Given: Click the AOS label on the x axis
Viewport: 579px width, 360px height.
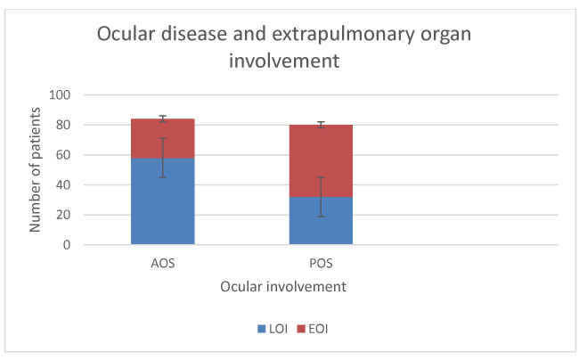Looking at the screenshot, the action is pos(163,263).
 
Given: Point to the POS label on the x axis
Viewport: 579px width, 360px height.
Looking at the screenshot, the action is pos(321,263).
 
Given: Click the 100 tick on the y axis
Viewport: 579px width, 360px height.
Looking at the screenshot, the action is pos(60,94).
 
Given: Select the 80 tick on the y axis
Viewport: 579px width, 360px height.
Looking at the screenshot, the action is pos(63,125).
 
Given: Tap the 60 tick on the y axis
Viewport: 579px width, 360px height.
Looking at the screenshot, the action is pos(63,155).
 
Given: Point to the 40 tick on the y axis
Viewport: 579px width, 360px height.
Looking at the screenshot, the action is pos(63,184).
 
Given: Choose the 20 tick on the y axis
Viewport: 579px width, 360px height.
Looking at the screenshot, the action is pos(63,215).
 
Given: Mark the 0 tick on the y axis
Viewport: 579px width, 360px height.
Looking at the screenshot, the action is pos(67,244).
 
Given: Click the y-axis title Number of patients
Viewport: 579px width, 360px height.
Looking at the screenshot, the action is pos(35,170).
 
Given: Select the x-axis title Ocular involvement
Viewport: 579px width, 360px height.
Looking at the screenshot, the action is pos(283,287).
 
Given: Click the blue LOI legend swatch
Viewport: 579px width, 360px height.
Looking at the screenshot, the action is pos(261,329).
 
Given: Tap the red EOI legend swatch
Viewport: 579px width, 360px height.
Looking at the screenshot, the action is pos(301,329).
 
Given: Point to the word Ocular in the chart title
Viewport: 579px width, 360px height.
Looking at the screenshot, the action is pos(126,34).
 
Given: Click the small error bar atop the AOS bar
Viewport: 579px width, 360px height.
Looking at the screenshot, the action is pos(163,119).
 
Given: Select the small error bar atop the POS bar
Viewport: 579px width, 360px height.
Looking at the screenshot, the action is pos(321,125).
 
